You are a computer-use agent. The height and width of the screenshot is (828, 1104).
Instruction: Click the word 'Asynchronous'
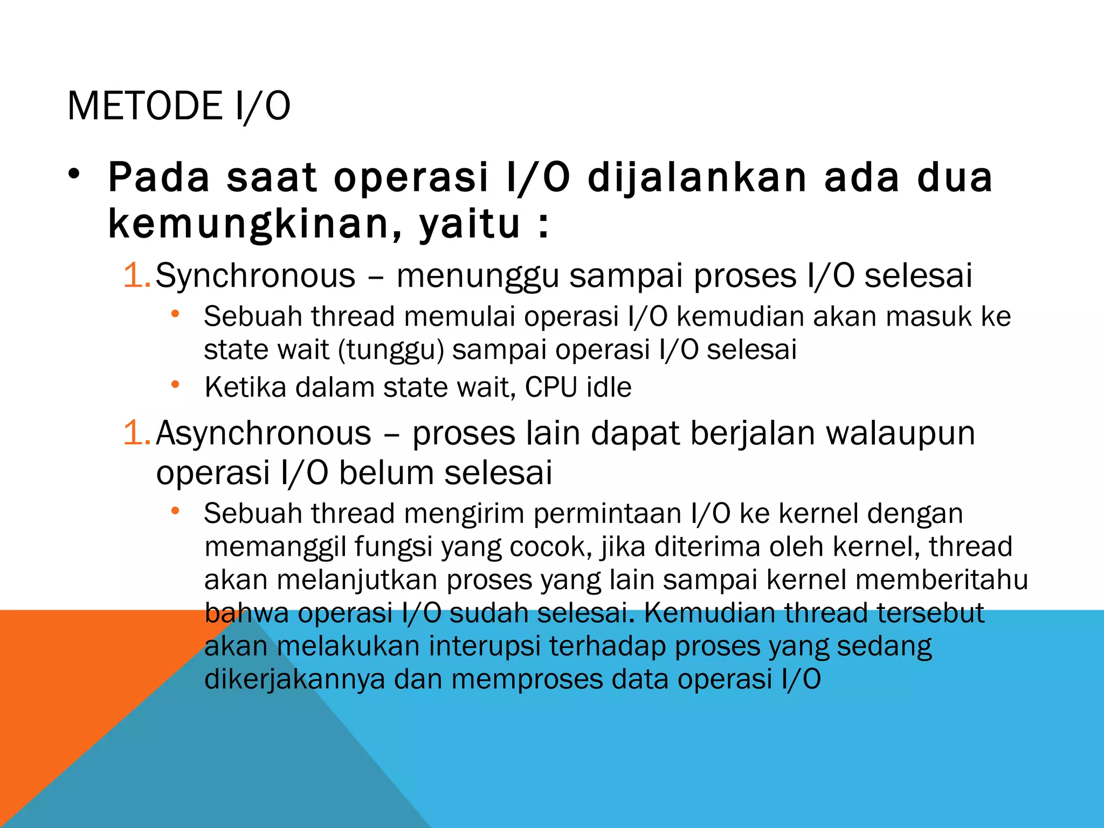(264, 433)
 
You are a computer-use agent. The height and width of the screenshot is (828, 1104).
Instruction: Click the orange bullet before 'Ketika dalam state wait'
(175, 385)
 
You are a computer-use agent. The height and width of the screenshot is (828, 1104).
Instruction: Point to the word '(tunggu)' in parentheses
(391, 350)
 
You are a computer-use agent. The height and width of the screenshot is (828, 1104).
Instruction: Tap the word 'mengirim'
(464, 514)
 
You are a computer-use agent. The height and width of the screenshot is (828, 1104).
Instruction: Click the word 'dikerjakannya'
(295, 679)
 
